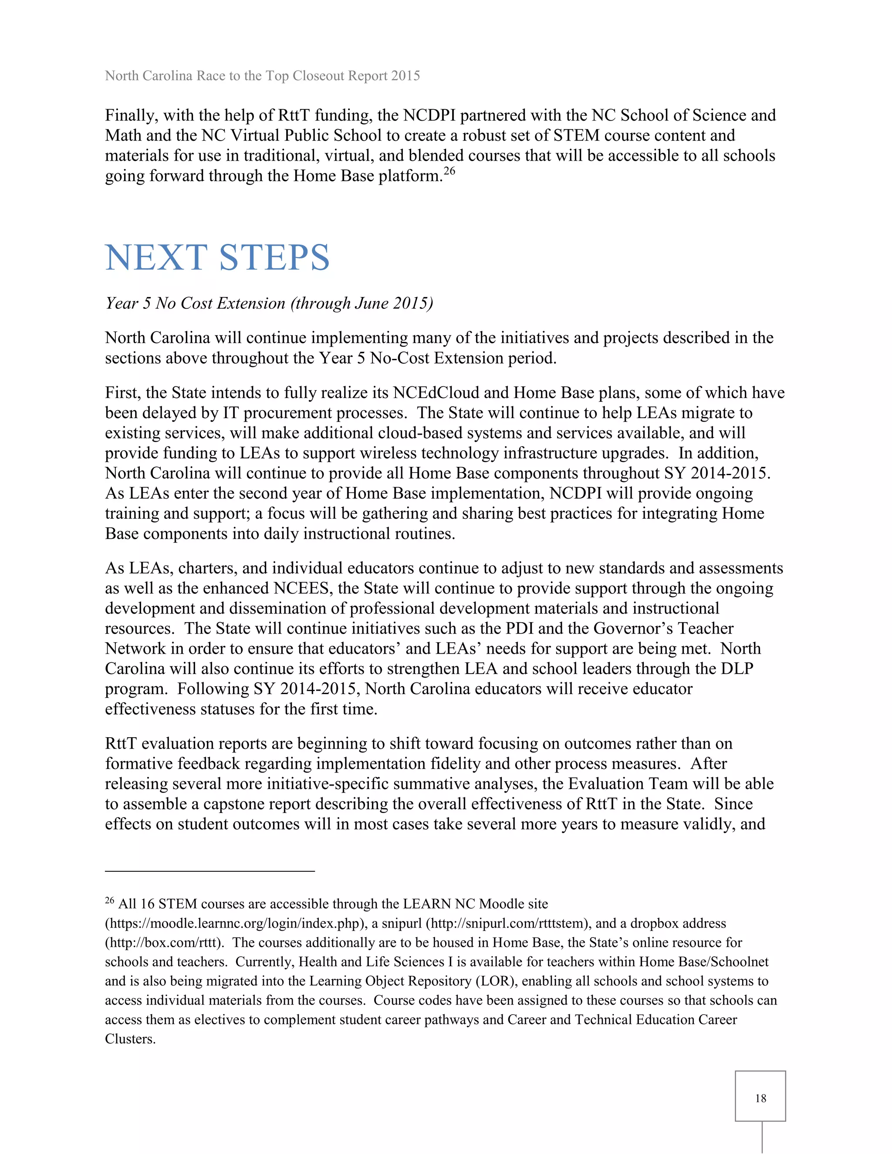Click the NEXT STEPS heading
click(217, 258)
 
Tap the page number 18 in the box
click(760, 1098)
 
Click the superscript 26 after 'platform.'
click(449, 171)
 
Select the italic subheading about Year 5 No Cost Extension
click(269, 303)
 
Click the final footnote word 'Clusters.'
click(130, 1039)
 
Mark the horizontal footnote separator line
click(210, 870)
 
